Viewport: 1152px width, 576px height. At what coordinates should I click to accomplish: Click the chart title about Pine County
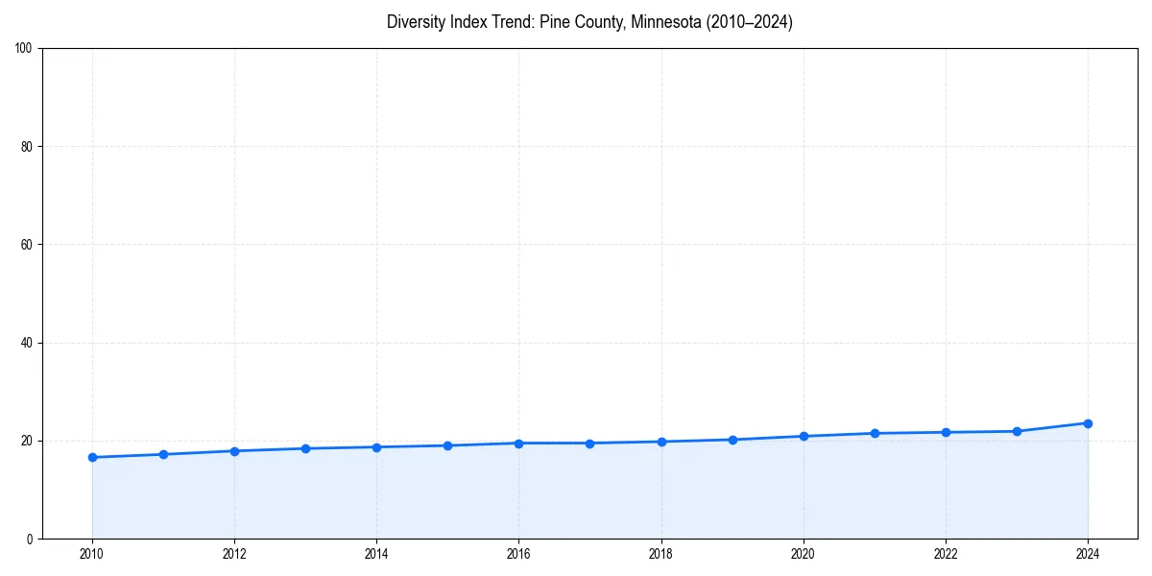point(589,22)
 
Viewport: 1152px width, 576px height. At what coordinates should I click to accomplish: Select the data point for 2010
point(92,457)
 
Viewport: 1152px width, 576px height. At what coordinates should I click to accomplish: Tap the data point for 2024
point(1088,423)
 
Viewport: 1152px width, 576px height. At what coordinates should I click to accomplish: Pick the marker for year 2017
point(589,444)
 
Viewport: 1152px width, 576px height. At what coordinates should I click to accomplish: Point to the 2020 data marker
point(804,437)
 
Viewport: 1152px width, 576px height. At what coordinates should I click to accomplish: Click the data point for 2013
point(305,448)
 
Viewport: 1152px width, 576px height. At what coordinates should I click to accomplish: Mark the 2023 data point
point(1017,431)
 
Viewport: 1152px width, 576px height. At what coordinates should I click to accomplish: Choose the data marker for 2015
point(447,445)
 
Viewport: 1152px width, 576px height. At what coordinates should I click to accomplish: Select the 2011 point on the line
point(163,454)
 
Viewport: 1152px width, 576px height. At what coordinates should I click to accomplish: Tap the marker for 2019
point(732,440)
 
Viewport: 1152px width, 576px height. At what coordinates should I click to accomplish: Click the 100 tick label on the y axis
point(25,49)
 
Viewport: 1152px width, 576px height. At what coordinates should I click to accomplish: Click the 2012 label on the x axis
point(234,554)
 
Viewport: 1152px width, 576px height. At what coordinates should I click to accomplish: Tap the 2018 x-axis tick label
point(661,554)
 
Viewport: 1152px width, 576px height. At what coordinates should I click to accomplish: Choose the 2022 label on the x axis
point(946,554)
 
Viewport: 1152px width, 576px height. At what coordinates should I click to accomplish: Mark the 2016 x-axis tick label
point(518,554)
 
